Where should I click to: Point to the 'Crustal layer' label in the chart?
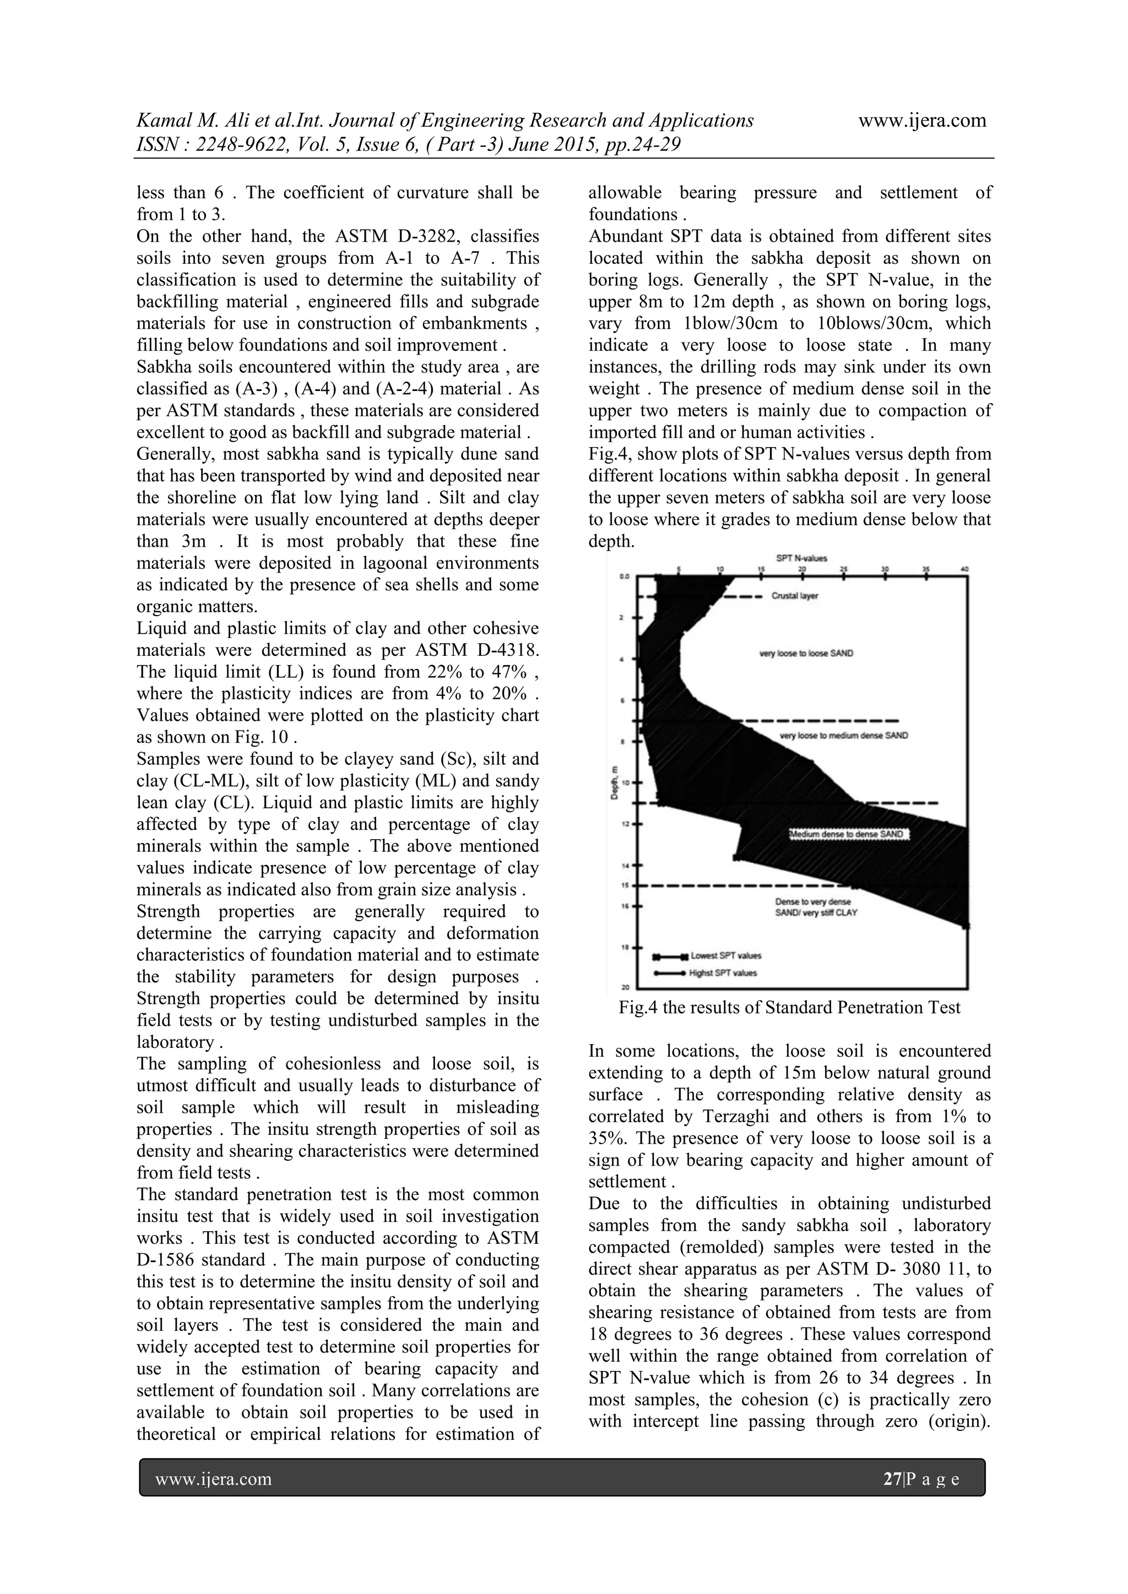coord(795,596)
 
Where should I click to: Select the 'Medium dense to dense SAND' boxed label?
coord(848,835)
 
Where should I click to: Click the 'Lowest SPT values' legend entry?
coord(726,955)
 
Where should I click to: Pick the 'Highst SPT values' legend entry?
coord(723,973)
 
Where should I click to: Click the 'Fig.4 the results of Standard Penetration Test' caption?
coord(789,1008)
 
